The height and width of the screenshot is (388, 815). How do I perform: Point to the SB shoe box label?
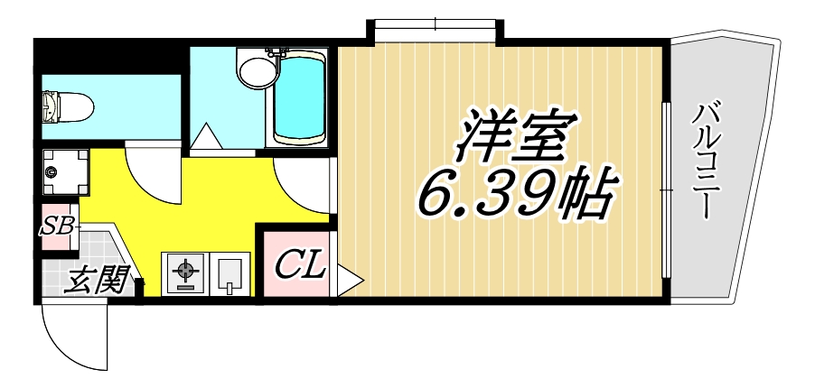(x=60, y=225)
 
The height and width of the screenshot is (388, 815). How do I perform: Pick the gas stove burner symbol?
(x=185, y=273)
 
